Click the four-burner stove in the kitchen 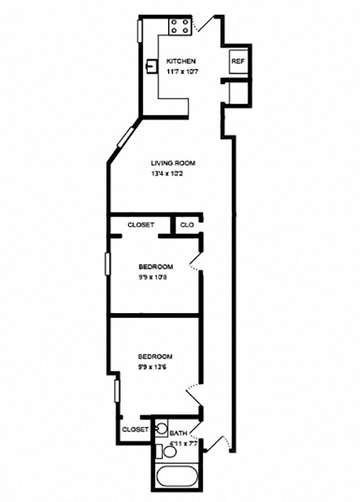click(x=179, y=27)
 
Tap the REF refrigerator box click(x=237, y=61)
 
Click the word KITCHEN click(x=181, y=61)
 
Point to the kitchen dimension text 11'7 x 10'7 click(x=181, y=72)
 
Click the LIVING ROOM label click(x=172, y=163)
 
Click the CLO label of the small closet click(x=186, y=224)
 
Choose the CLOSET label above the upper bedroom click(x=141, y=224)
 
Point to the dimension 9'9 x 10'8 click(x=156, y=278)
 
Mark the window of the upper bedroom click(x=107, y=267)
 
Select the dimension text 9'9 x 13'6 click(x=156, y=367)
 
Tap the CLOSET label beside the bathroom click(x=136, y=429)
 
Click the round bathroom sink click(x=160, y=430)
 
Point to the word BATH click(x=178, y=433)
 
